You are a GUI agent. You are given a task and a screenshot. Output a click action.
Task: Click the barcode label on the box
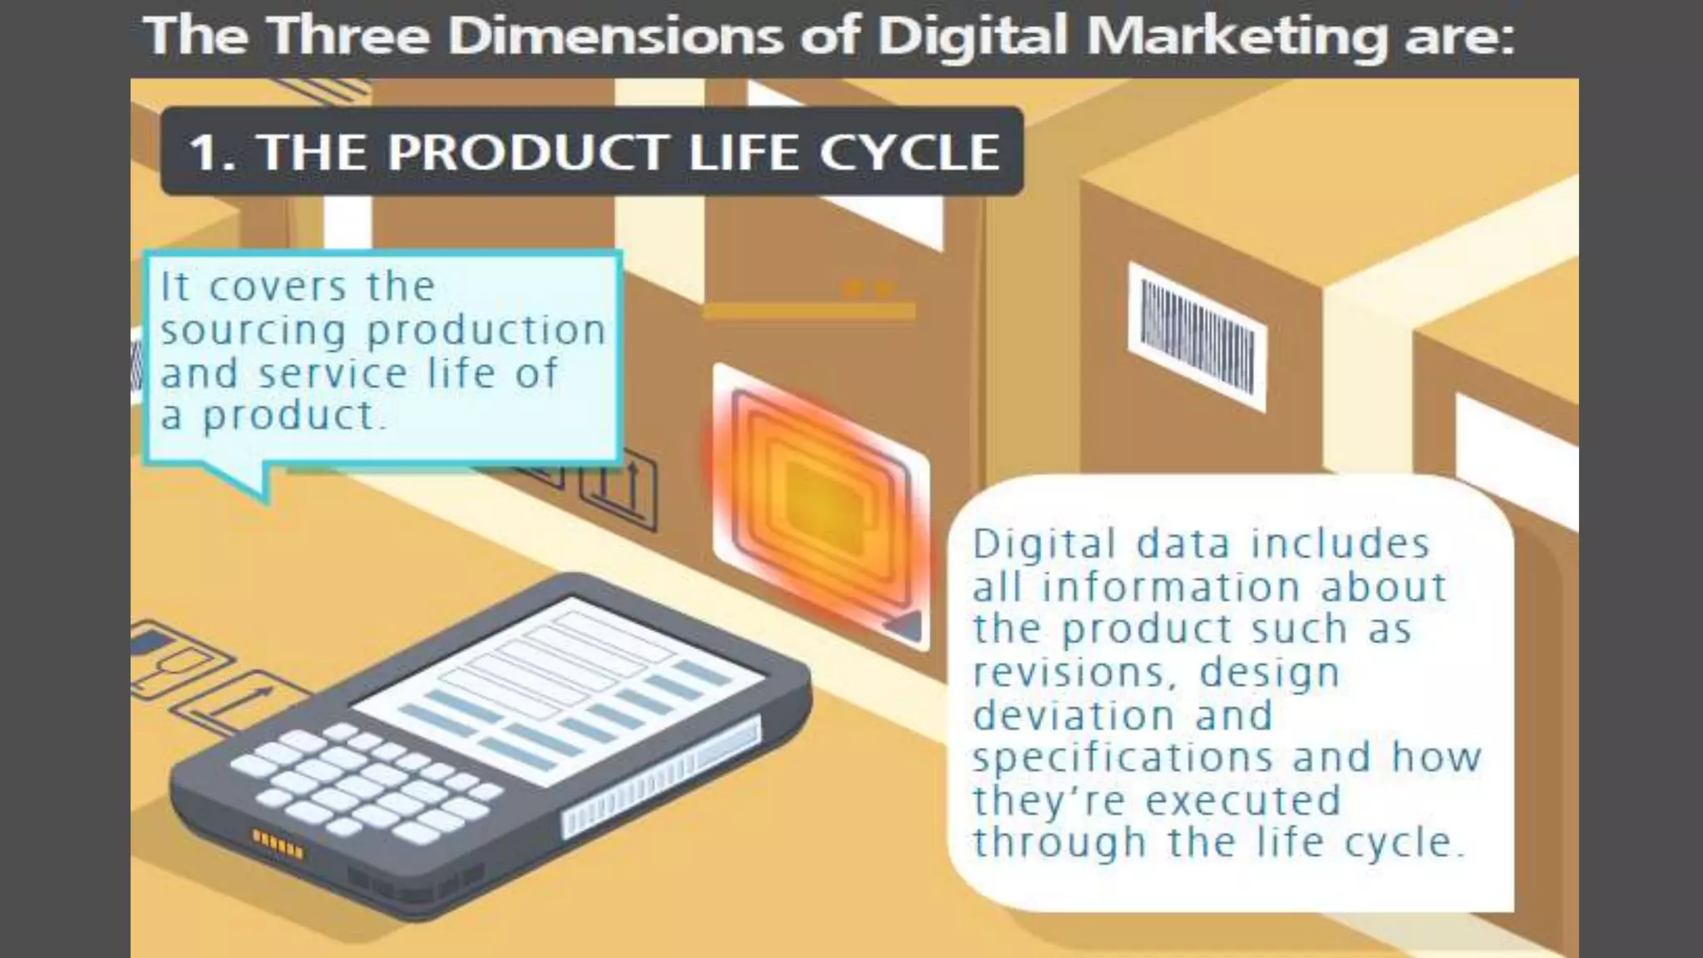tap(1197, 336)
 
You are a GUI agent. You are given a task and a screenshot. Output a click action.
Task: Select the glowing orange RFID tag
tap(820, 503)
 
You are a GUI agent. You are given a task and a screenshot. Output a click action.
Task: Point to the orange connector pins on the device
tap(278, 843)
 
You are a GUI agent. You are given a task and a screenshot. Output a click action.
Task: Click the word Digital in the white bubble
tap(1044, 545)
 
